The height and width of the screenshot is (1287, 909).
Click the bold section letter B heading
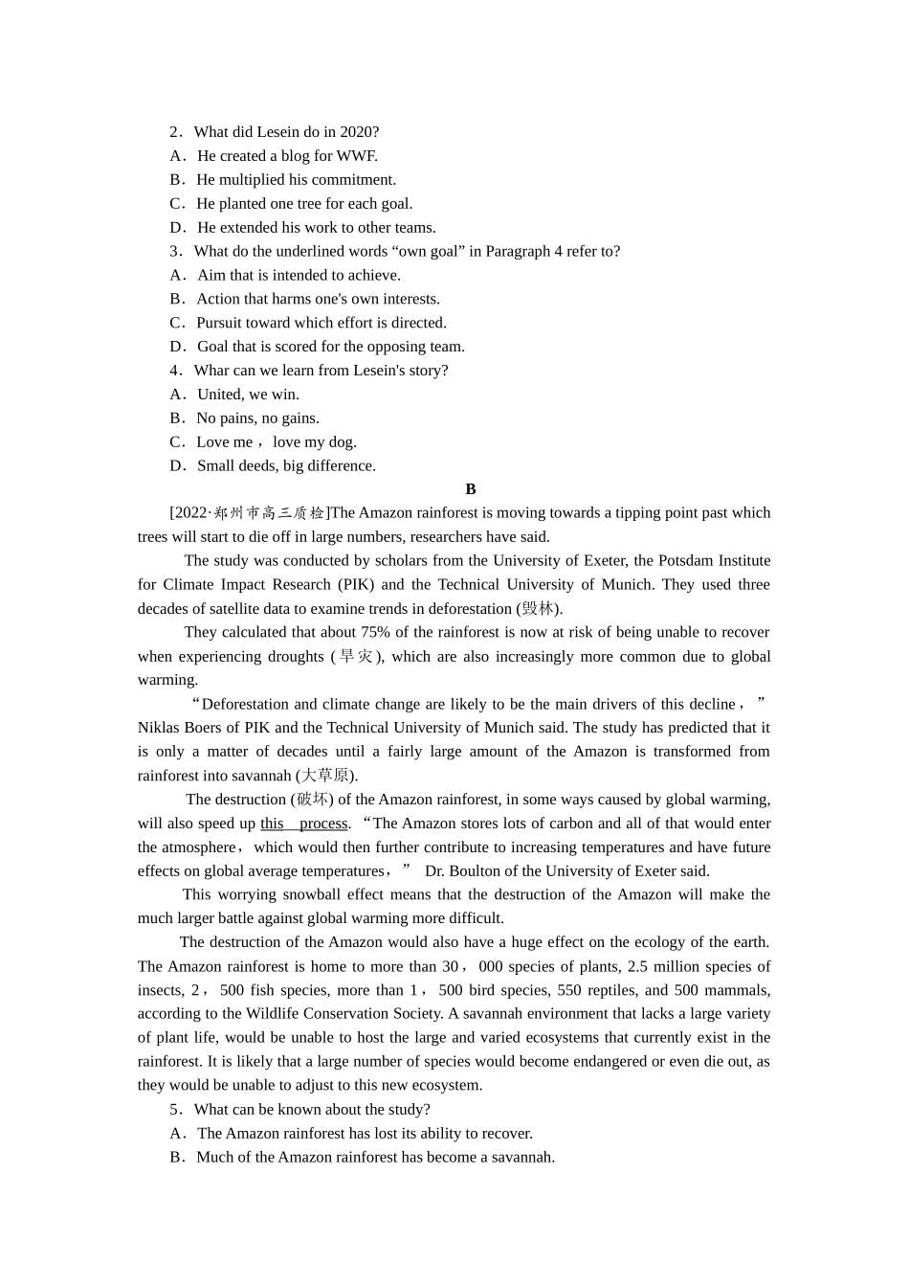(470, 489)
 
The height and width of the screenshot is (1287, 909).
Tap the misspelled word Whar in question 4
(211, 371)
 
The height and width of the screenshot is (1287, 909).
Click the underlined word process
(322, 824)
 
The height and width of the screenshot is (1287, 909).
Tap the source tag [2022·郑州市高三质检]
(249, 513)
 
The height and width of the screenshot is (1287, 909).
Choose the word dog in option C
(341, 442)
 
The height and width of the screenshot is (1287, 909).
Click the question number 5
(175, 1110)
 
